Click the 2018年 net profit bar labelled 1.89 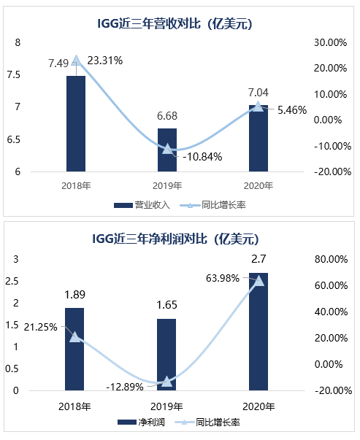[76, 349]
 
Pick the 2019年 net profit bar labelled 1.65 [167, 355]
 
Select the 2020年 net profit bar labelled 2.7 [258, 331]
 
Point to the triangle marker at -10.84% [167, 149]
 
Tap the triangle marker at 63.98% [258, 280]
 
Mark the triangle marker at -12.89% [167, 381]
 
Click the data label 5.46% [292, 110]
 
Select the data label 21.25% [41, 326]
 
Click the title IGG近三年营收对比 [180, 23]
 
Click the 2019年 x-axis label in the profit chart [167, 406]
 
